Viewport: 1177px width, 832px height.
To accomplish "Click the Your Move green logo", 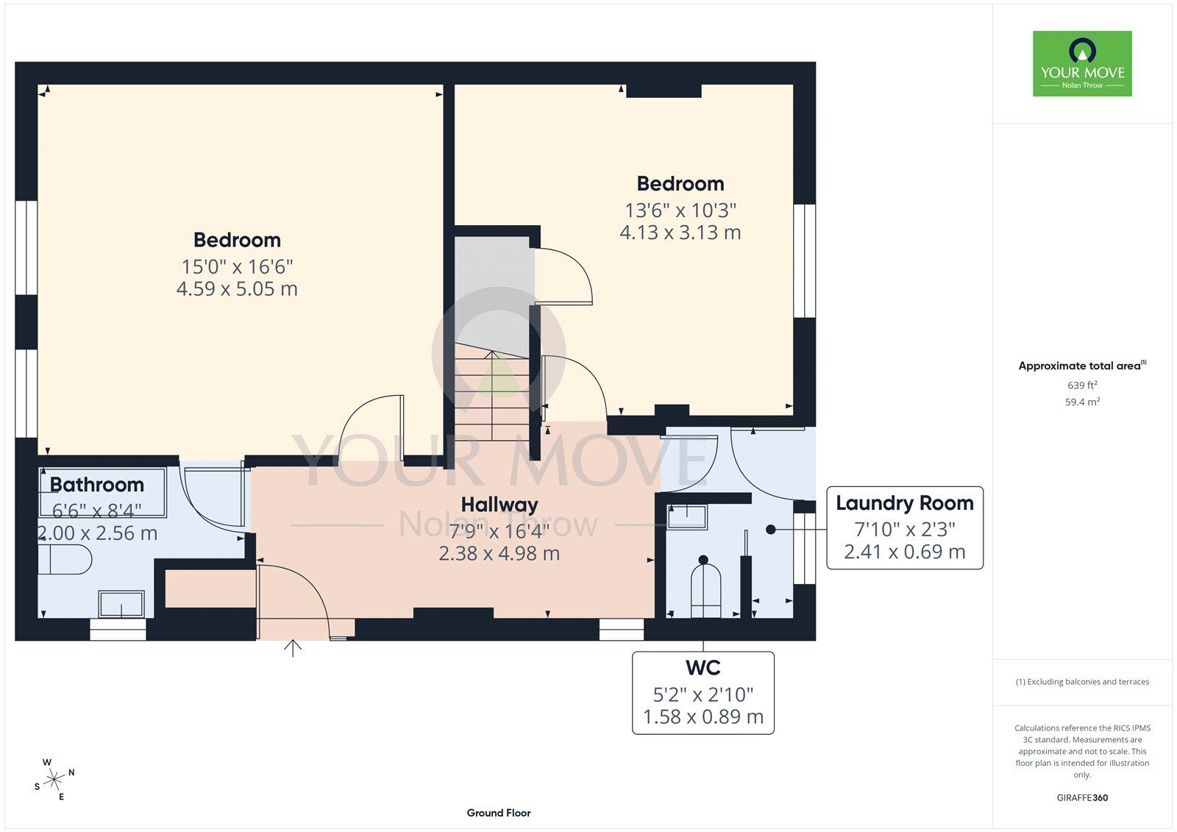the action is pos(1082,63).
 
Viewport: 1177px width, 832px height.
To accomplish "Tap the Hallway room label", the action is pos(499,505).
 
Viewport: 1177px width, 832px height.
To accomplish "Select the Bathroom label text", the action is pos(96,485).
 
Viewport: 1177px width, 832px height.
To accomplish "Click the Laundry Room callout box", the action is pos(905,527).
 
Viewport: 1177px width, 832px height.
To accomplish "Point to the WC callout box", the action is pos(703,693).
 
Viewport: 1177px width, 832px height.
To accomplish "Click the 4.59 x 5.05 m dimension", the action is pos(237,288).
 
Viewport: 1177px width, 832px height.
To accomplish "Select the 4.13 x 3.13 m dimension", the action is pos(680,232).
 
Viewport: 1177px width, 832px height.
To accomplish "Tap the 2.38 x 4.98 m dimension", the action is pos(499,553).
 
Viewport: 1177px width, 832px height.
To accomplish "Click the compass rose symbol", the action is pos(54,780).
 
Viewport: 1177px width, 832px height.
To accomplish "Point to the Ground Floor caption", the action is pos(499,813).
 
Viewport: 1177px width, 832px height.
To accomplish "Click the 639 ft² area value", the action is pos(1082,385).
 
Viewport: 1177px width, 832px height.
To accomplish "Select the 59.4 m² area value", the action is pos(1082,402).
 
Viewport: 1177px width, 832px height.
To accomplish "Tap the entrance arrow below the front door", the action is pos(293,648).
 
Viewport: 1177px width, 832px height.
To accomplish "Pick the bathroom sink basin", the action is pos(121,603).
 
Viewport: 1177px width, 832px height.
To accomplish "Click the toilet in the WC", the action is pos(705,589).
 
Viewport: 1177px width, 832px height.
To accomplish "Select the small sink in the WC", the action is pos(687,516).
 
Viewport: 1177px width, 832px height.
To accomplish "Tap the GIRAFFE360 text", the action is pos(1082,797).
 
